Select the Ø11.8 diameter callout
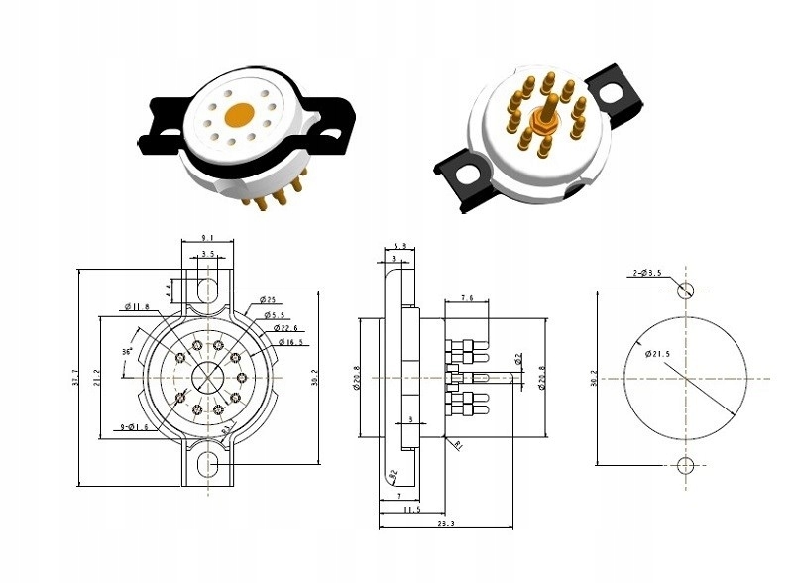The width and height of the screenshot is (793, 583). click(x=136, y=306)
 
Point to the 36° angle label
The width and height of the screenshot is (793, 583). click(x=126, y=351)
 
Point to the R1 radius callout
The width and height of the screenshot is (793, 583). click(x=459, y=445)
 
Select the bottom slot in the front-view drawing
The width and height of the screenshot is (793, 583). click(x=208, y=465)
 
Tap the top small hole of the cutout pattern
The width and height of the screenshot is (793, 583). click(x=684, y=291)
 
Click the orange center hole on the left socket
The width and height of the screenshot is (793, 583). click(x=239, y=115)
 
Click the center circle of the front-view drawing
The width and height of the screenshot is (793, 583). click(x=208, y=377)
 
